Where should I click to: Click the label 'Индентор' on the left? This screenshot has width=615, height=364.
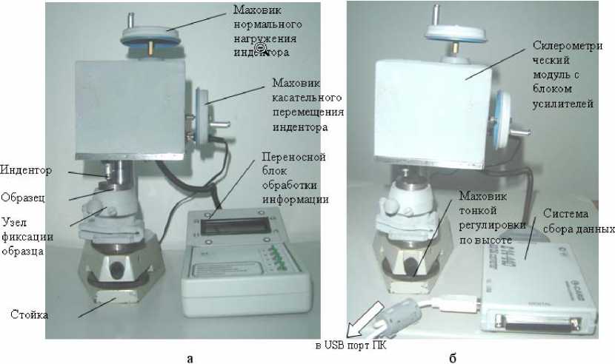pyautogui.click(x=27, y=171)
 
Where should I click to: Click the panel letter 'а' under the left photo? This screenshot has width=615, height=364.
pyautogui.click(x=191, y=358)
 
